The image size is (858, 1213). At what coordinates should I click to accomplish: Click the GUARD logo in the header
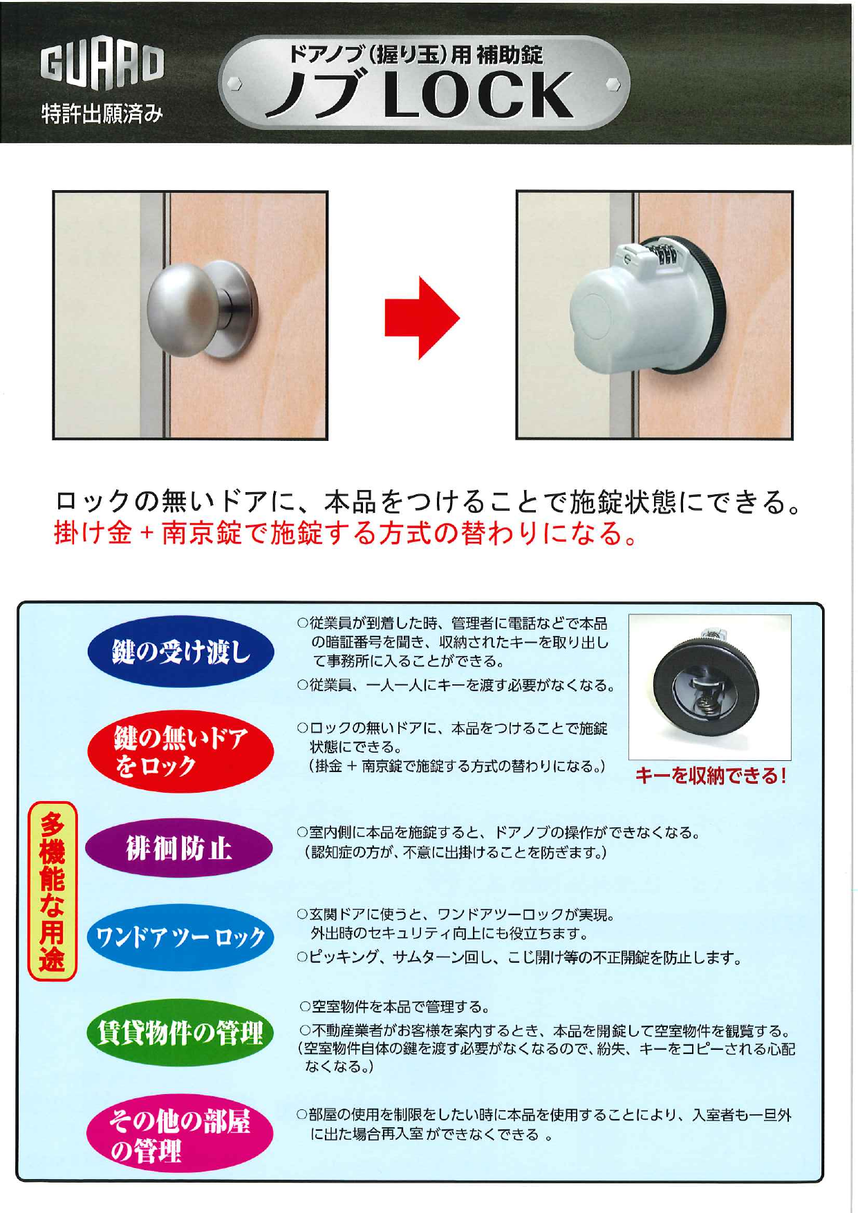(x=102, y=64)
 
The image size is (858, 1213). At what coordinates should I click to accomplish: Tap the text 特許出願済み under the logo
(x=102, y=113)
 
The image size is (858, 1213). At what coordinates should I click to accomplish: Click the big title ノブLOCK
(x=420, y=96)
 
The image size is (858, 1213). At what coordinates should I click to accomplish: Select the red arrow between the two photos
(x=422, y=319)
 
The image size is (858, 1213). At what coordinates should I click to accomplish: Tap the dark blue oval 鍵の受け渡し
(x=180, y=651)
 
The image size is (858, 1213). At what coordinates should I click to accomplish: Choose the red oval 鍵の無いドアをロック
(x=180, y=751)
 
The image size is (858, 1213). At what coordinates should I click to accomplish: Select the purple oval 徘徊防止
(x=179, y=848)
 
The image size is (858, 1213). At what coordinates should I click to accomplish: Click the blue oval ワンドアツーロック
(x=180, y=937)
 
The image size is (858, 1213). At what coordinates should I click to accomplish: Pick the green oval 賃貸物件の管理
(x=180, y=1033)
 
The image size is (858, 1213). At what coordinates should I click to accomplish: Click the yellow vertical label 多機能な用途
(x=52, y=891)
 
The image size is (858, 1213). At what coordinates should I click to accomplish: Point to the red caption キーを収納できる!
(x=710, y=776)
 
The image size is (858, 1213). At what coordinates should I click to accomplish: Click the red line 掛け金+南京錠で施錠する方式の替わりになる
(x=346, y=533)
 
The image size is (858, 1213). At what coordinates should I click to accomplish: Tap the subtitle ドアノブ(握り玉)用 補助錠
(x=416, y=55)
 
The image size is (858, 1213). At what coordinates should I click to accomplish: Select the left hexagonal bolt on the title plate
(x=233, y=84)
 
